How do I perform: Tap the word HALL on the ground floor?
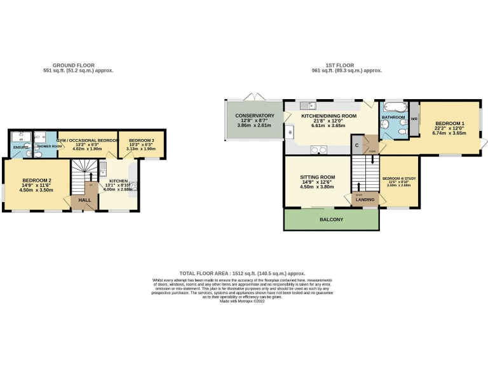(84, 200)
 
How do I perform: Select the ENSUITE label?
(20, 147)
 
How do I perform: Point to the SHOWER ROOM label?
(48, 147)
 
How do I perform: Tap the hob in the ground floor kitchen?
(134, 189)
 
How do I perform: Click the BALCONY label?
(331, 220)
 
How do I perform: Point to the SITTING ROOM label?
(318, 177)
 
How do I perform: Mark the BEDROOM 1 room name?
(450, 123)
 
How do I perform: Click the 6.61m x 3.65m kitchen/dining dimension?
(329, 126)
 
